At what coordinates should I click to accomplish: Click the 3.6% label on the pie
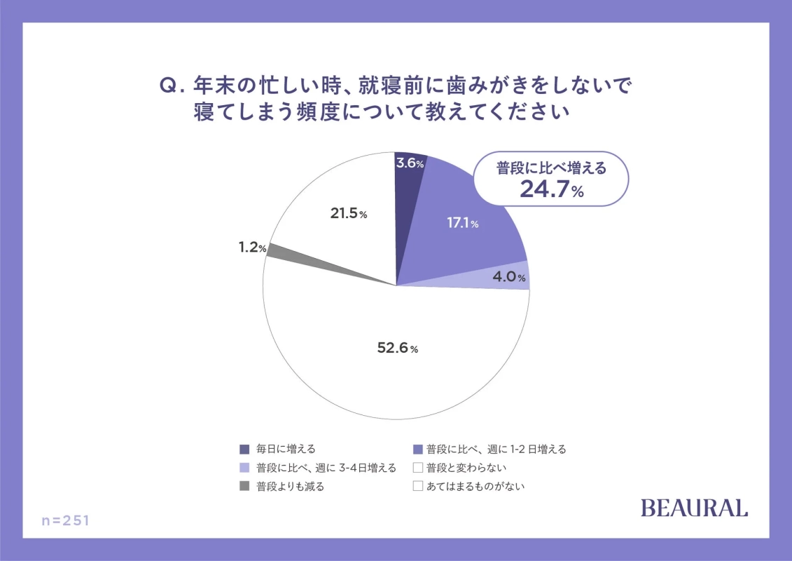click(410, 163)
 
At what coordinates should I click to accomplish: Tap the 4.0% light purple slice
click(509, 277)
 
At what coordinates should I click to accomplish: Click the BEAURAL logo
click(694, 508)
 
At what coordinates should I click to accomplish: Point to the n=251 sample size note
click(65, 521)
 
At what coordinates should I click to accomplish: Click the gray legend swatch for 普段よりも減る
click(244, 486)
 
